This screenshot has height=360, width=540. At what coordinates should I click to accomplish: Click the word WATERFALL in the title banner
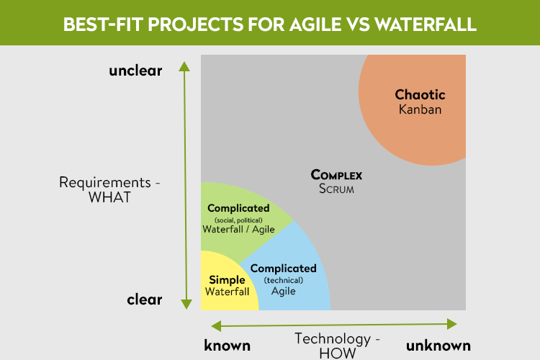(426, 24)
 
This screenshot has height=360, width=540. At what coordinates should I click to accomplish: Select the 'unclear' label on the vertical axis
(135, 71)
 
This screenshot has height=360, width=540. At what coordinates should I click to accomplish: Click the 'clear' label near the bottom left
(144, 300)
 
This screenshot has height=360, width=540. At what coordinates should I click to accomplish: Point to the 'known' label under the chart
(227, 345)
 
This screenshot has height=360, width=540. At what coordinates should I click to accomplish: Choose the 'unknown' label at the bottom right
(438, 345)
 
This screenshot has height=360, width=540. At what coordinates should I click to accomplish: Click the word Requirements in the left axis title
(105, 182)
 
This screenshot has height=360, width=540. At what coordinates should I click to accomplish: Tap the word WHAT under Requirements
(109, 197)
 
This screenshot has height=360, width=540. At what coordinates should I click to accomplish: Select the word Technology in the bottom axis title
(333, 339)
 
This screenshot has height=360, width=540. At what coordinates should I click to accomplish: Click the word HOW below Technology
(338, 354)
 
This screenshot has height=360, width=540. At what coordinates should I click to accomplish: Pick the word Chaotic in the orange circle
(420, 94)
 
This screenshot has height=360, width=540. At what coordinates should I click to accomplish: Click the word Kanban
(420, 109)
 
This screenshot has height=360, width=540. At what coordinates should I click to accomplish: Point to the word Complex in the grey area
(336, 175)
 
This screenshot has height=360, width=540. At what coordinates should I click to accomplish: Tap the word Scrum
(336, 189)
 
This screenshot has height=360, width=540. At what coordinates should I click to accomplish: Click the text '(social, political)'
(238, 220)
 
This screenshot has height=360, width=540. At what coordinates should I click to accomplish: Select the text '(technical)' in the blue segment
(284, 280)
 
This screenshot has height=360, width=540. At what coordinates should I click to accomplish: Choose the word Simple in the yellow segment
(227, 280)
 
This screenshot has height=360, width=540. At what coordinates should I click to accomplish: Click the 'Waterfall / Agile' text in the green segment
(238, 230)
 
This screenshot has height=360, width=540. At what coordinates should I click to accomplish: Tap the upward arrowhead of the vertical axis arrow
(184, 66)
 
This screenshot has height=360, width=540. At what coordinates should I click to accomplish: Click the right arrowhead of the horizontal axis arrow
(452, 324)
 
